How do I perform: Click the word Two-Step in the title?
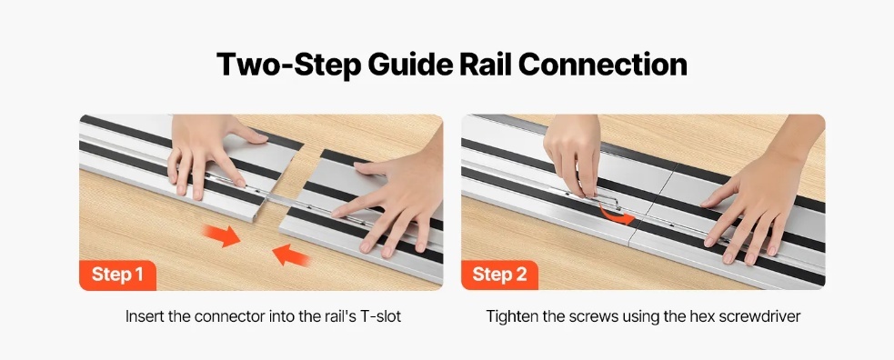(288, 65)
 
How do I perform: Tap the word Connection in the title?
(602, 64)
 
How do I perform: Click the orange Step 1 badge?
(117, 275)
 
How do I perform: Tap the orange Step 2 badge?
(499, 275)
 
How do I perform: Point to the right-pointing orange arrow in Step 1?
(222, 235)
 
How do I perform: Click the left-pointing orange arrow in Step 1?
(291, 255)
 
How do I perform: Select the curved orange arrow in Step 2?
(616, 215)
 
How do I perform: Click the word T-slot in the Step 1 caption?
(381, 316)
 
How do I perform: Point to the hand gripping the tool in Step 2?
(573, 154)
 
